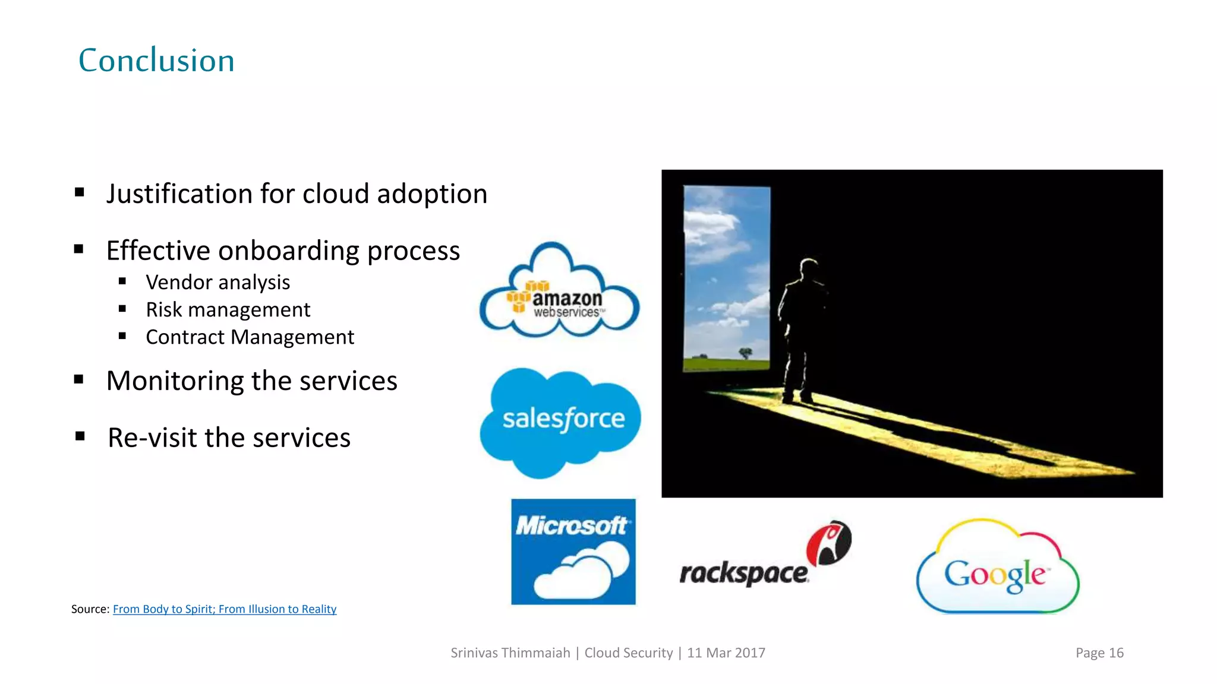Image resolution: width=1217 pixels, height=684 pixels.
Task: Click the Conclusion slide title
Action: tap(156, 61)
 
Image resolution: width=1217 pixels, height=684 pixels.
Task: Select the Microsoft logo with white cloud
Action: tap(573, 552)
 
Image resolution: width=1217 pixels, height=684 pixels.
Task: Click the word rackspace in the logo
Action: tap(743, 574)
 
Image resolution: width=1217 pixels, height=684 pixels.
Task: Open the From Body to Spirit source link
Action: tap(225, 609)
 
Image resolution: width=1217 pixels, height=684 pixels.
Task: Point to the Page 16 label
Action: tap(1099, 653)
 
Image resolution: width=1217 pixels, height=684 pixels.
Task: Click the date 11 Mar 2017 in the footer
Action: tap(726, 653)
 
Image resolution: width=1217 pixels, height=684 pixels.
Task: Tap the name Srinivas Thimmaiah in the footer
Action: tap(510, 653)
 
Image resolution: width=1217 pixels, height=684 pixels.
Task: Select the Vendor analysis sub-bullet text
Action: tap(217, 283)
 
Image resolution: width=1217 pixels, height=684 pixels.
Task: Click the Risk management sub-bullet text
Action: tap(228, 310)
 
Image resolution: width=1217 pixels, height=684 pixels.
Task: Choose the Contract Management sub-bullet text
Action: tap(250, 337)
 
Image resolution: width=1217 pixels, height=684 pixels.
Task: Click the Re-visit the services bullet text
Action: tap(229, 438)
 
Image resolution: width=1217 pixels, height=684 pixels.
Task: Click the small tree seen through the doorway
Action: tap(745, 353)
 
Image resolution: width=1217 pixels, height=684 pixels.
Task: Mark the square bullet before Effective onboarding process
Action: tap(79, 250)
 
